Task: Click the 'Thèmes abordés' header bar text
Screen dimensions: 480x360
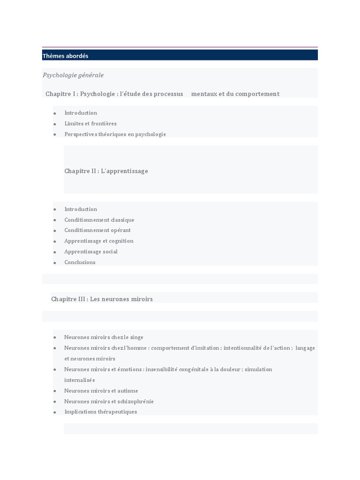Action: [x=65, y=56]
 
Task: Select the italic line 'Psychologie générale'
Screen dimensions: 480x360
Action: [x=73, y=75]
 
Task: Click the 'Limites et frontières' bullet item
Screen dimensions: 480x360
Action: [x=90, y=123]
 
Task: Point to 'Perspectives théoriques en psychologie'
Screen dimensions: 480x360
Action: [x=115, y=134]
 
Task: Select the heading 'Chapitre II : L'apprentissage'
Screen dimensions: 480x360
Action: [x=106, y=171]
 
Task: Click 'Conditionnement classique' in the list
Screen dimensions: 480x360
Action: [x=99, y=220]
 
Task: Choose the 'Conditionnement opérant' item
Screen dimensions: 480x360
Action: [x=97, y=230]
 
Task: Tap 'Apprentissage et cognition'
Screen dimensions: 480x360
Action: [x=99, y=241]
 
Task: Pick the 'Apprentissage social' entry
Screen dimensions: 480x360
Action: [x=91, y=252]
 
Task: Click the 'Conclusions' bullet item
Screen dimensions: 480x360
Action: [x=80, y=262]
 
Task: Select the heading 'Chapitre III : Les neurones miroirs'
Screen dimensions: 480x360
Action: [x=102, y=299]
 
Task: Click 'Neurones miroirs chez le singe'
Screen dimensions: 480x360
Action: [x=104, y=337]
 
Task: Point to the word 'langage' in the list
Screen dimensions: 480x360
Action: [x=306, y=348]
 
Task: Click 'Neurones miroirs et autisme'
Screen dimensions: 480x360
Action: [x=101, y=390]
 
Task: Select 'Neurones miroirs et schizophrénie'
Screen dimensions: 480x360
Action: [x=109, y=401]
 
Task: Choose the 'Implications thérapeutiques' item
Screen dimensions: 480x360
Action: [x=101, y=412]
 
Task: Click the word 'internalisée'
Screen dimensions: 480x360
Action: [x=80, y=380]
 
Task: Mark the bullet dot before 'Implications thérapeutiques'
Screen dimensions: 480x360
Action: [x=55, y=412]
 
